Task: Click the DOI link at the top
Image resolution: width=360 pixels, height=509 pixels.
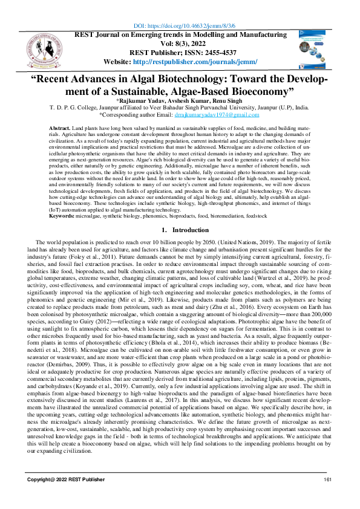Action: point(184,26)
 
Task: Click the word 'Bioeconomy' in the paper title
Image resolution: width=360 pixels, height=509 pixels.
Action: point(254,91)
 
